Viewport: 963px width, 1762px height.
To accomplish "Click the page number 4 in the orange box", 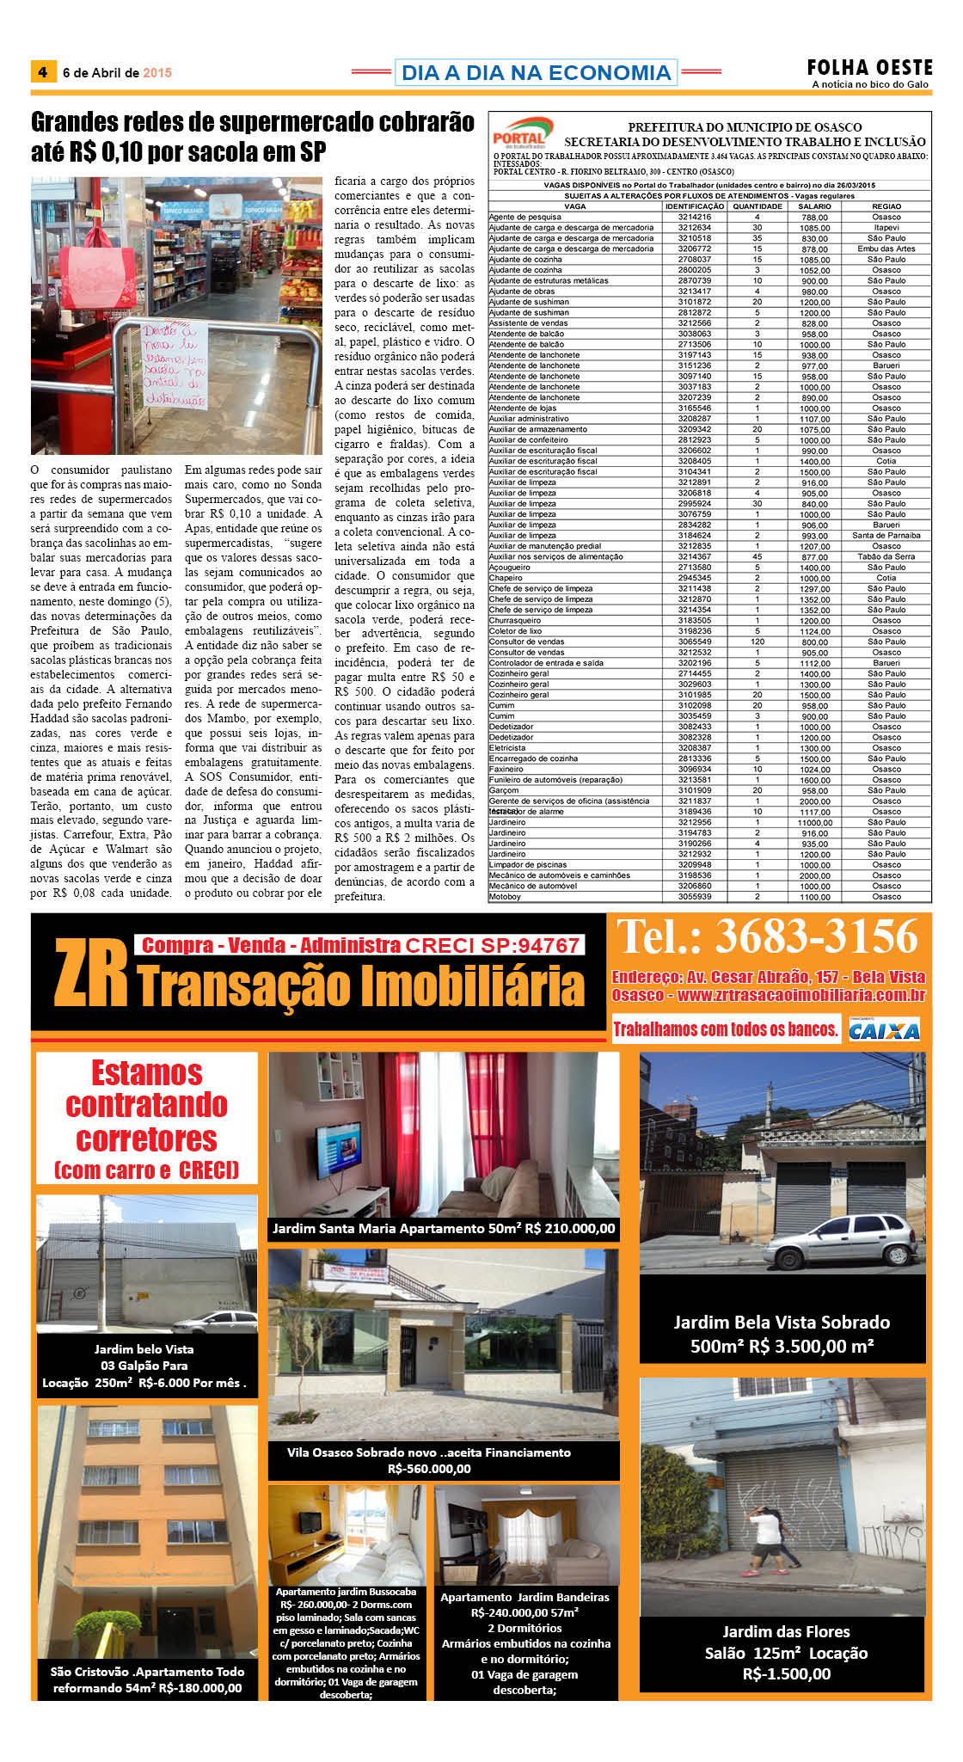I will point(42,72).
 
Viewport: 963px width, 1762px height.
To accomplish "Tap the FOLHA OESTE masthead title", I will point(869,67).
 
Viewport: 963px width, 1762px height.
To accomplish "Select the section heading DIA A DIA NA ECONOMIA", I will point(536,72).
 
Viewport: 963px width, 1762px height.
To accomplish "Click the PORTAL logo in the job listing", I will point(520,134).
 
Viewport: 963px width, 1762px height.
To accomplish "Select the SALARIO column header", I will point(814,206).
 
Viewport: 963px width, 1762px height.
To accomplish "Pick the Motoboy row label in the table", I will point(505,896).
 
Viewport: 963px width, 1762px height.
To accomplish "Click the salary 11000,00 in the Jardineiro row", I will point(814,822).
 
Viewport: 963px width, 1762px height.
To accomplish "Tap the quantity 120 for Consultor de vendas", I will point(758,642).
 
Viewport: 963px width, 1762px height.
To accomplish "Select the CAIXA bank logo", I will point(884,1029).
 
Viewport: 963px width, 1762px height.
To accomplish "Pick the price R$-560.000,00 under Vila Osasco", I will point(429,1468).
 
